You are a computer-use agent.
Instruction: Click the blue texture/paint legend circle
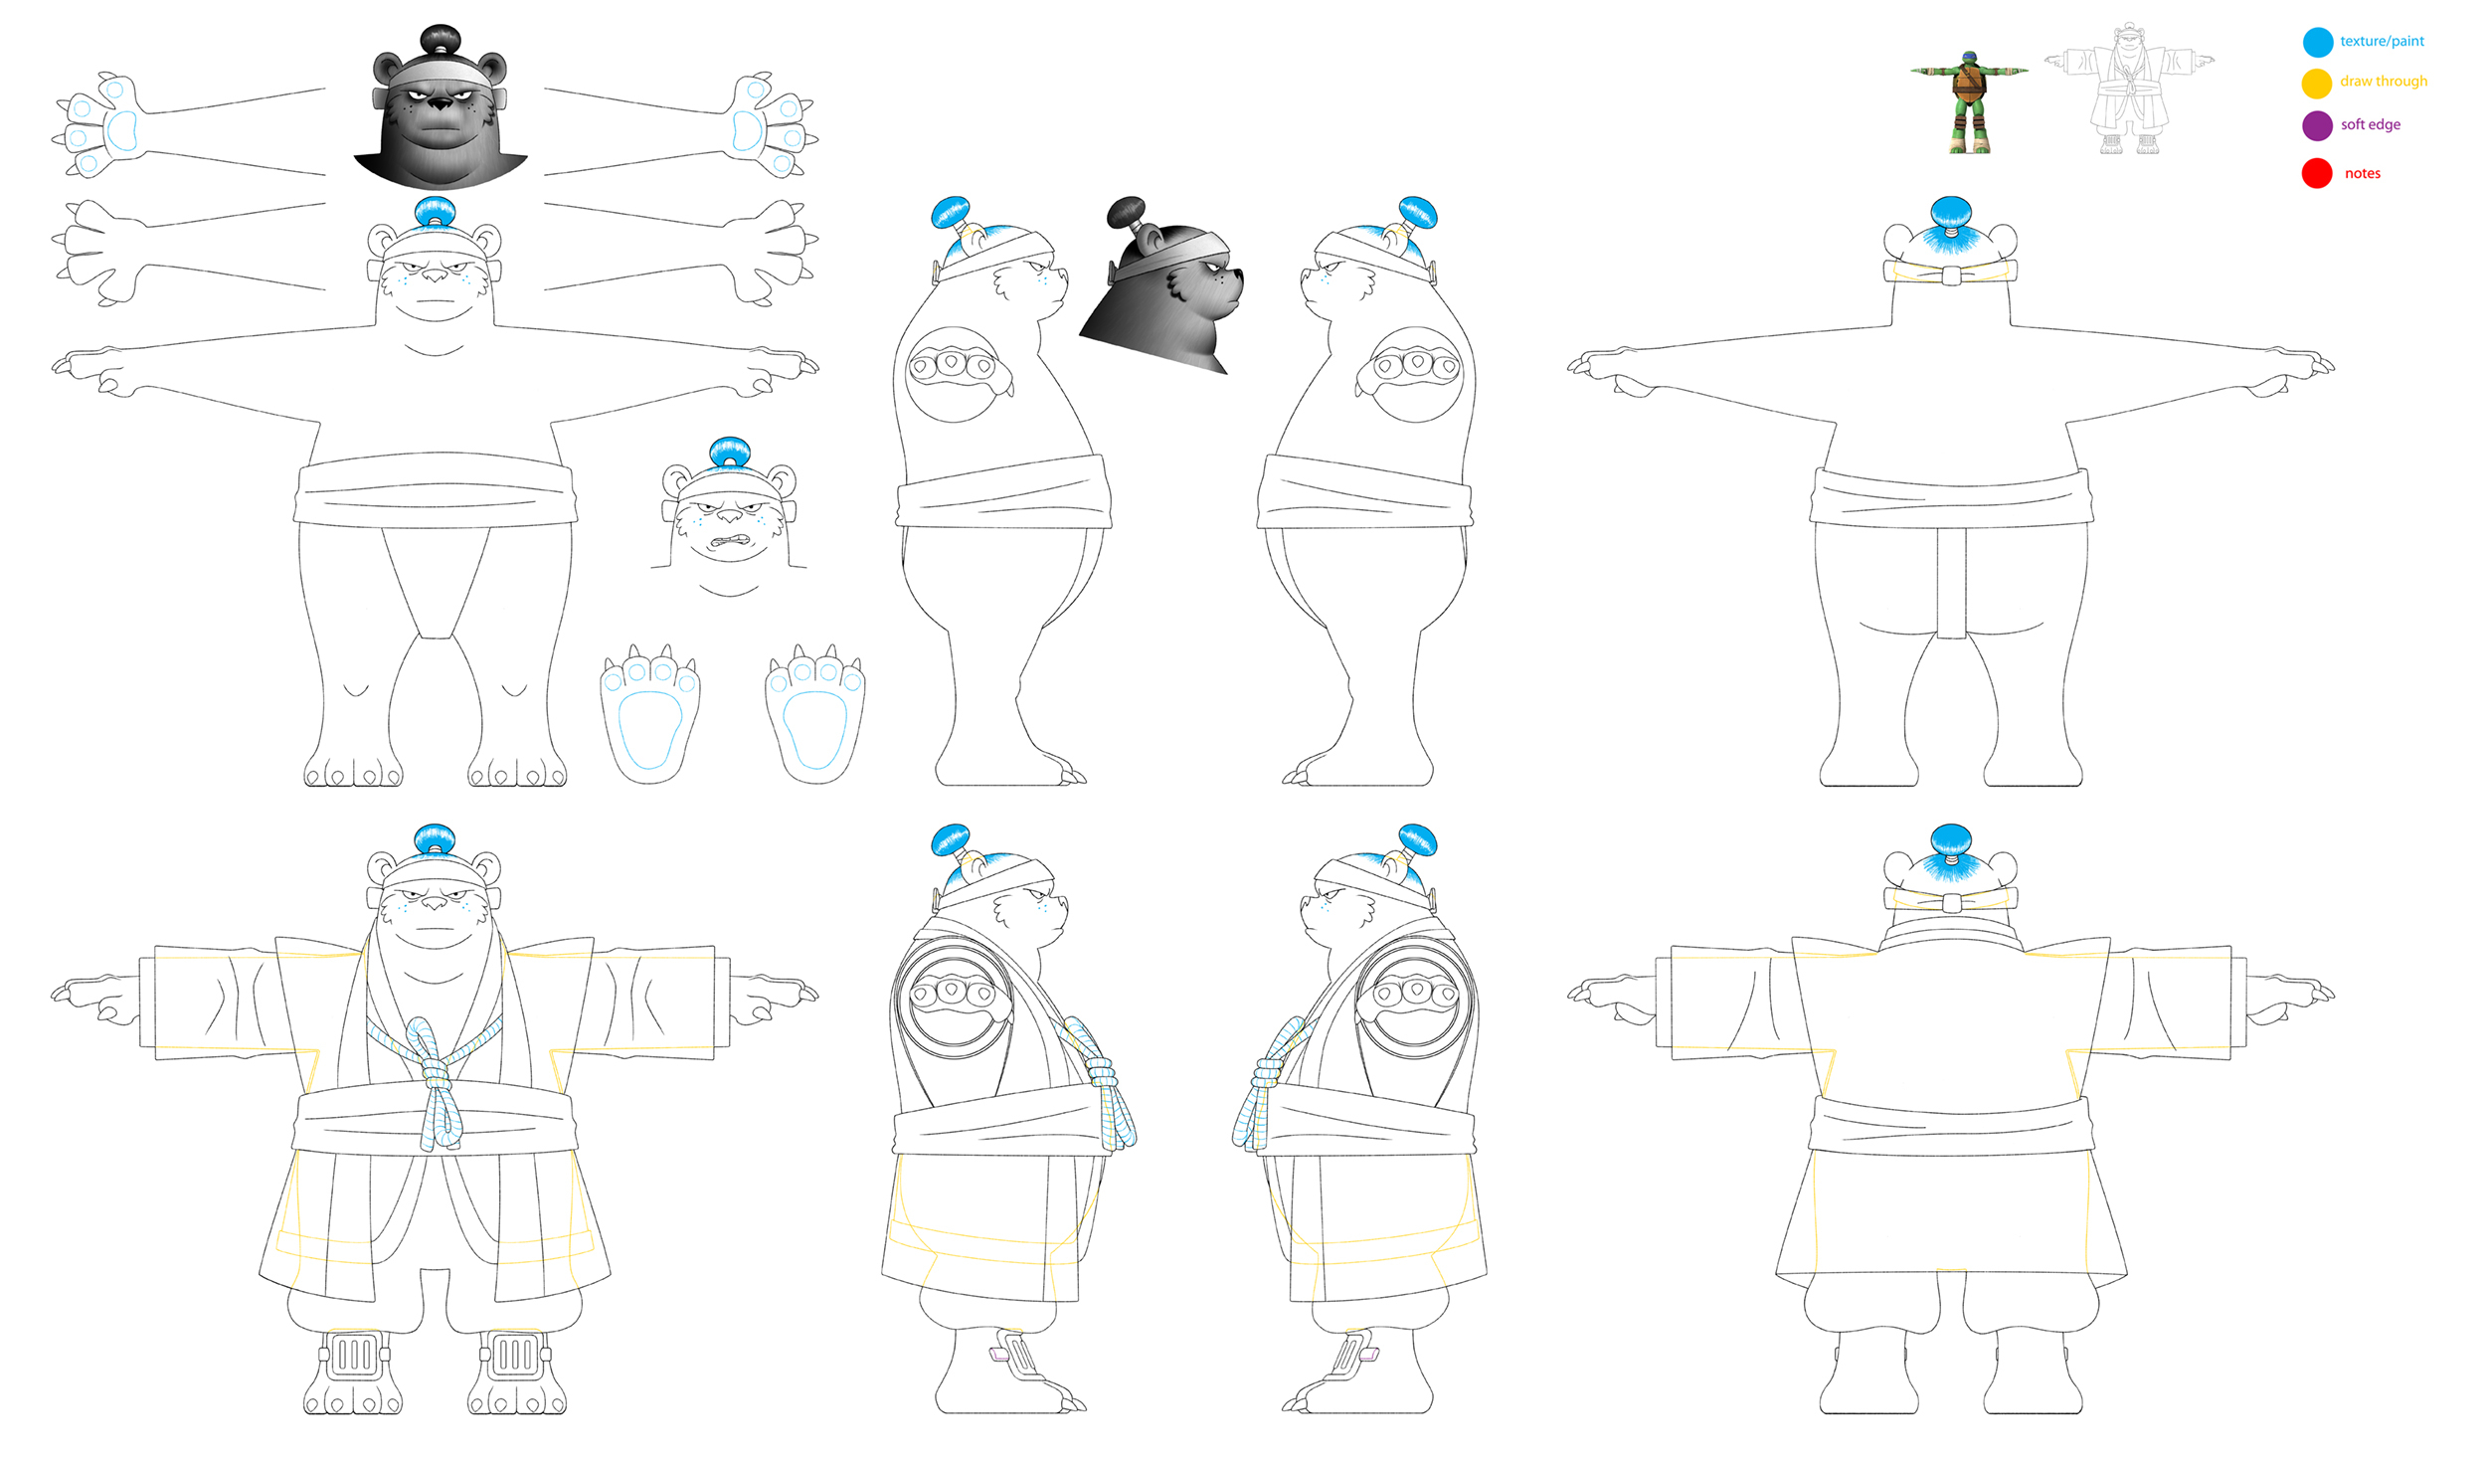tap(2317, 42)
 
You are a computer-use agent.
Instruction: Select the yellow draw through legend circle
tap(2317, 83)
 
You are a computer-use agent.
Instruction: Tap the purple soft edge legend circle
tap(2317, 125)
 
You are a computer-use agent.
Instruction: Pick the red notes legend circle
tap(2317, 173)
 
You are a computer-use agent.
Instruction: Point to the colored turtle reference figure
tap(1969, 101)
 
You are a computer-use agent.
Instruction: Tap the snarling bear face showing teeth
tap(729, 517)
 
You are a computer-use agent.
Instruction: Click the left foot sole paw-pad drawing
tap(650, 714)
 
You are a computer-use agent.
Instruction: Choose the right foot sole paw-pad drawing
tap(815, 714)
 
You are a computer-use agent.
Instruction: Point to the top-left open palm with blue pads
tap(99, 124)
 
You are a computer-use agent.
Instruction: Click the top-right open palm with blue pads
tap(771, 124)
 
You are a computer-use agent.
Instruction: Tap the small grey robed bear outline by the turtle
tap(2128, 90)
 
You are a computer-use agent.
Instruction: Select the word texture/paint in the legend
tap(2382, 41)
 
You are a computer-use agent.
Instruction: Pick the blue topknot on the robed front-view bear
tap(435, 839)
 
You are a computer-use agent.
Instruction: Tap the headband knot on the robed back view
tap(1951, 902)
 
